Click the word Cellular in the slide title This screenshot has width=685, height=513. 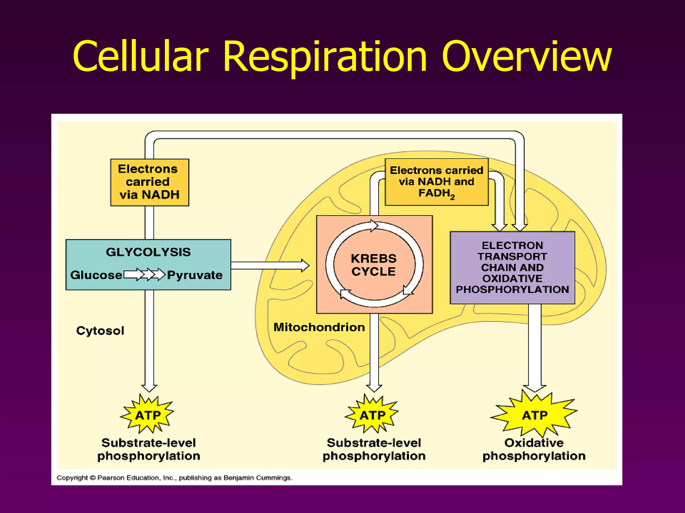(140, 57)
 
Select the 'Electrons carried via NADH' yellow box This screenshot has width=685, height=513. (150, 182)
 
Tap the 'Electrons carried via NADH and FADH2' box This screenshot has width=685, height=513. (436, 182)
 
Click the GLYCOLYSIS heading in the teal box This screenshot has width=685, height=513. (148, 252)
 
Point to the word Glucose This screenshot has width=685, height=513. (96, 275)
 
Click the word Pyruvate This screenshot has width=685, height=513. (195, 275)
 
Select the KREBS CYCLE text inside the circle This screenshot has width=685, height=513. (374, 265)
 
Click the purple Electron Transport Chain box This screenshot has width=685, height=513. (512, 267)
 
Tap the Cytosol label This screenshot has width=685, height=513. (100, 331)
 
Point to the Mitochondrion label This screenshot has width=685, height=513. (319, 327)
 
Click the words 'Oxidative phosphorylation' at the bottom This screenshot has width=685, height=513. (534, 449)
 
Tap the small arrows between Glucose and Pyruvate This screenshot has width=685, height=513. (144, 275)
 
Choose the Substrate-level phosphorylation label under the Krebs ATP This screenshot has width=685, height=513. (374, 449)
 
